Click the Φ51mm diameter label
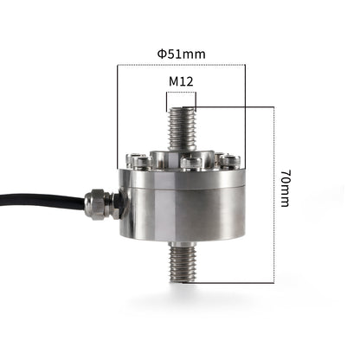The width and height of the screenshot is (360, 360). coord(181,54)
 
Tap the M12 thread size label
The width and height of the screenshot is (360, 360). coord(181,81)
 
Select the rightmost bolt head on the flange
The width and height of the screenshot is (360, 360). coord(231,161)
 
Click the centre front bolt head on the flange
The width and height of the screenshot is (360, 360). coord(190,163)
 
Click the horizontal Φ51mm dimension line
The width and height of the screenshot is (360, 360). coord(181,66)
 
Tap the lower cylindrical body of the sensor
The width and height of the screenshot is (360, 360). coord(182,212)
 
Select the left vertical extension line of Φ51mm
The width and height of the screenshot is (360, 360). coord(118,112)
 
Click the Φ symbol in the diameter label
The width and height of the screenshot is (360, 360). coord(162,54)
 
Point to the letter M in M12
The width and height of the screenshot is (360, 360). coord(173,81)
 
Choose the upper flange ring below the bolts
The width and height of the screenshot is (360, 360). coord(181,176)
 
